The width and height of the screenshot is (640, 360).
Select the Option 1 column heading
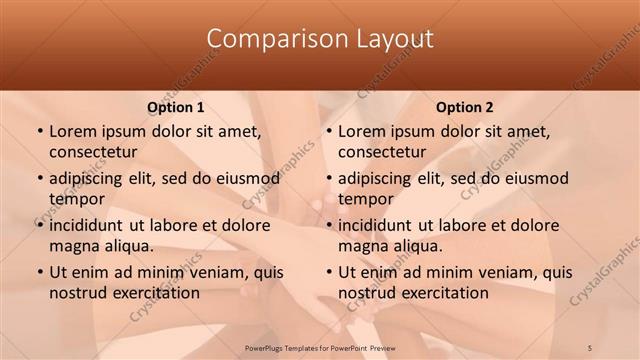(176, 107)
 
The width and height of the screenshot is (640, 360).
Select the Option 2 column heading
(465, 107)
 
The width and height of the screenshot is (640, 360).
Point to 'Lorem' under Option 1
(72, 131)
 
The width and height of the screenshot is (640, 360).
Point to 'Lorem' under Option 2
(361, 131)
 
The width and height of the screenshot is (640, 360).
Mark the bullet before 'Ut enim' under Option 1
(39, 272)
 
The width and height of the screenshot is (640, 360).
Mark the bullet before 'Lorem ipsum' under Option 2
(328, 131)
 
